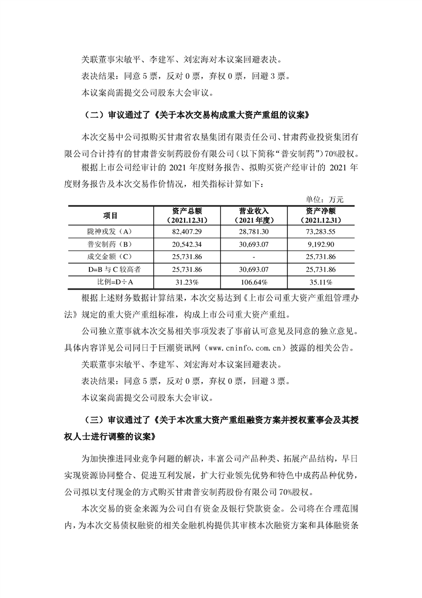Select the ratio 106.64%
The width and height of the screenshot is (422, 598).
tap(253, 282)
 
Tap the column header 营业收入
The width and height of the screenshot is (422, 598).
tap(253, 211)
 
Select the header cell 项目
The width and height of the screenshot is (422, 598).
tap(110, 215)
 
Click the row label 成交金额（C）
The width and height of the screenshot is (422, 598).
tap(110, 257)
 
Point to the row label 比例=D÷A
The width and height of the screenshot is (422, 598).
tap(110, 282)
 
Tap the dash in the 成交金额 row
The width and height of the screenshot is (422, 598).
tap(253, 257)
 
